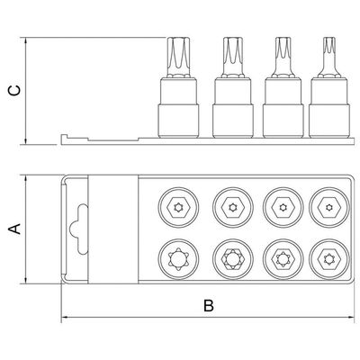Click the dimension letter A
click(14, 229)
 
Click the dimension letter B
click(209, 306)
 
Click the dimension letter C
click(14, 90)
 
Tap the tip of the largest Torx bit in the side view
click(178, 38)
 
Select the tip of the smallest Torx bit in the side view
click(329, 38)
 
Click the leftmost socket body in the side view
click(178, 107)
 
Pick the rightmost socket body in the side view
click(329, 107)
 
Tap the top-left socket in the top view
click(178, 207)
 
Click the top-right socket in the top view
click(329, 207)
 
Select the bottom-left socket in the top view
click(178, 258)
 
